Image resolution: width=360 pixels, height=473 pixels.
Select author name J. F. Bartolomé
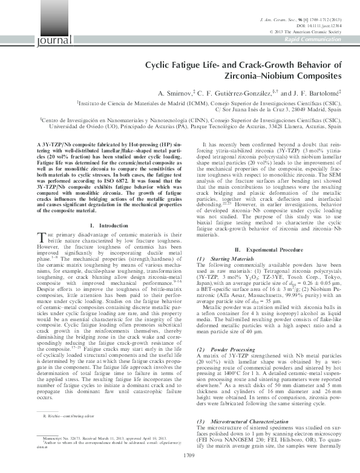point(294,94)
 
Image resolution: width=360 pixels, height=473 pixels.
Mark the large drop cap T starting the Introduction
point(41,220)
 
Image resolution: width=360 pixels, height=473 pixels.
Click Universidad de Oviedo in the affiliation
point(70,126)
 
